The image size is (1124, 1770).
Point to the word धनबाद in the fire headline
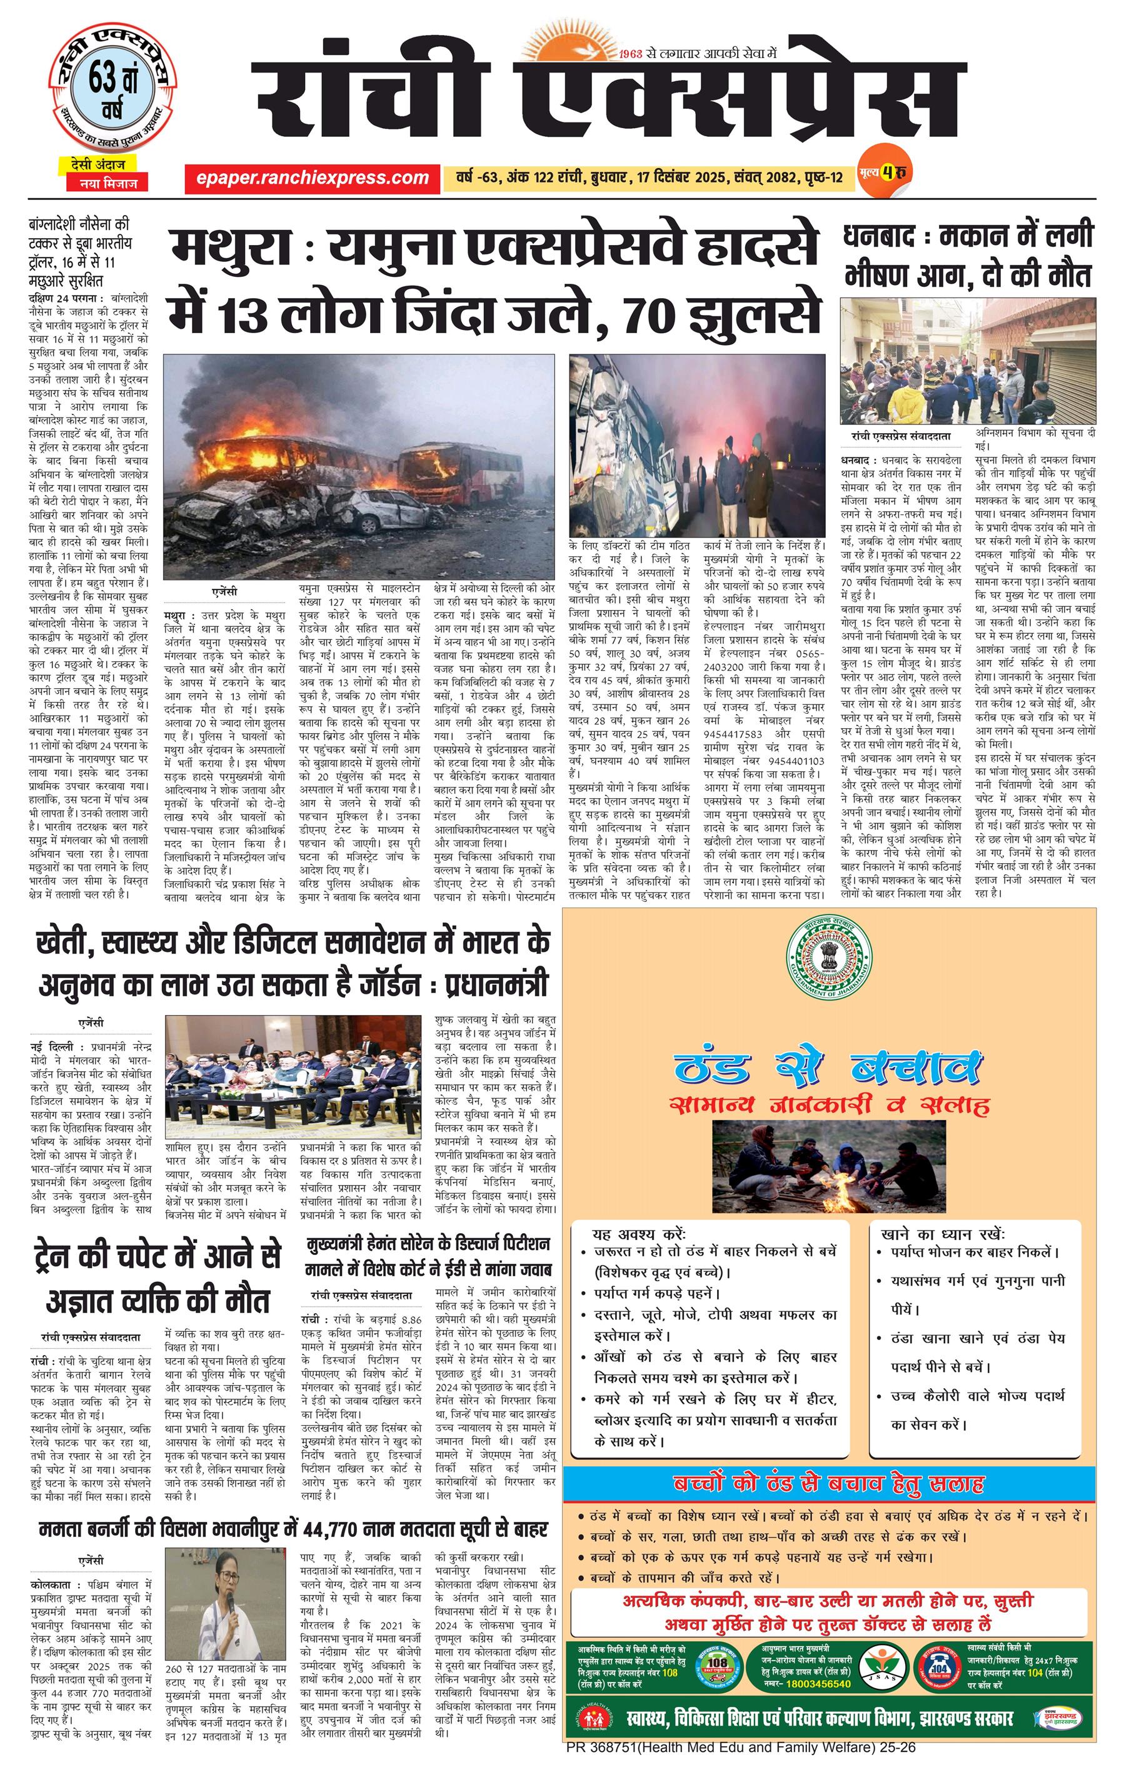878,237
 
